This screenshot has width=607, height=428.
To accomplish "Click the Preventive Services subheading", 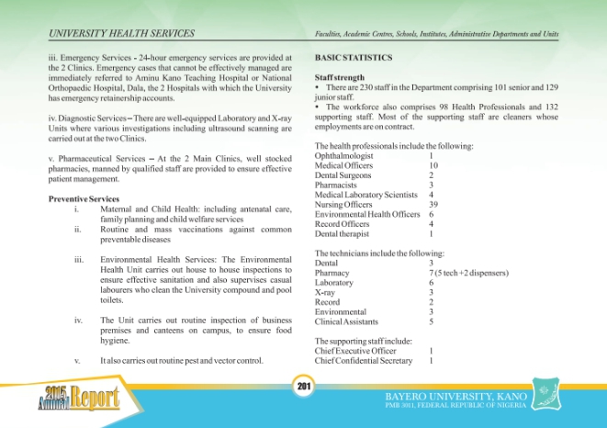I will (x=84, y=199).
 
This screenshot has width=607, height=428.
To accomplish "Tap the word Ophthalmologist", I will (x=344, y=156).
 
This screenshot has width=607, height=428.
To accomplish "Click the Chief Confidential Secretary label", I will (x=363, y=360).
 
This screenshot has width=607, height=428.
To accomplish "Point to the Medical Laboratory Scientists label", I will (x=365, y=195).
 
